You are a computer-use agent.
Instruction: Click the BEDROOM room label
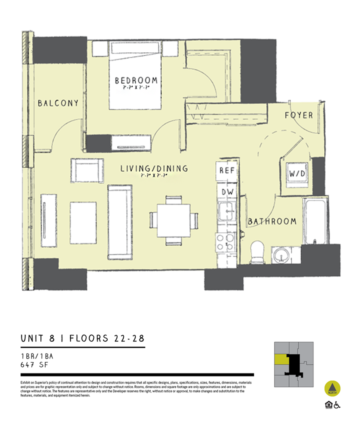136,81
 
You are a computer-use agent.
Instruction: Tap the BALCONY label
58,103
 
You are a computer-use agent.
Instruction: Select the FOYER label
299,115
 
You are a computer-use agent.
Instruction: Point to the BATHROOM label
272,221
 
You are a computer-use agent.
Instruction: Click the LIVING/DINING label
154,169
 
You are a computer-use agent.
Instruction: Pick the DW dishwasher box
227,192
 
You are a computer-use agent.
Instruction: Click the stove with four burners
225,242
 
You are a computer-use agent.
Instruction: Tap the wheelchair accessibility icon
337,405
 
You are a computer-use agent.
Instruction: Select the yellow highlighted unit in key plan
280,359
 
